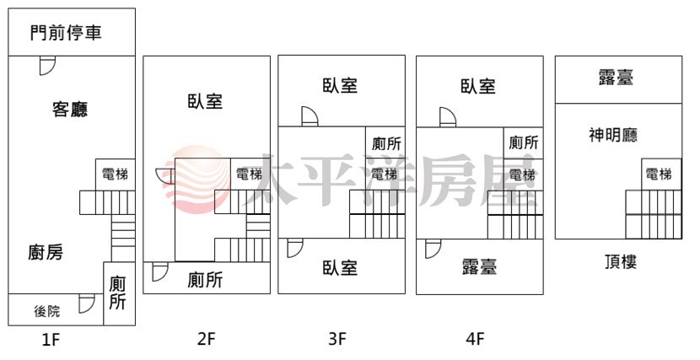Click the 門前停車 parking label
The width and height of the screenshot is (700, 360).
pyautogui.click(x=66, y=33)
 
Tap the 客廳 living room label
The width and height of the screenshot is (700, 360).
pyautogui.click(x=70, y=109)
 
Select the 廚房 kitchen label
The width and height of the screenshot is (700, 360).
pyautogui.click(x=46, y=252)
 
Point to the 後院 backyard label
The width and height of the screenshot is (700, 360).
pyautogui.click(x=47, y=310)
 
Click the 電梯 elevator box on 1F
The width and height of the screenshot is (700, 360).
pyautogui.click(x=116, y=175)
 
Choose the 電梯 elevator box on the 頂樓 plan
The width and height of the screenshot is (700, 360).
pyautogui.click(x=661, y=175)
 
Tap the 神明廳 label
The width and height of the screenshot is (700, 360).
pyautogui.click(x=613, y=134)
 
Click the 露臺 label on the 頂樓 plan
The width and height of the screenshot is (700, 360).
pyautogui.click(x=616, y=78)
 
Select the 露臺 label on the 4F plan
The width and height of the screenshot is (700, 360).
pyautogui.click(x=479, y=266)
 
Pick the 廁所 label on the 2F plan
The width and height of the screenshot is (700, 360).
pyautogui.click(x=205, y=280)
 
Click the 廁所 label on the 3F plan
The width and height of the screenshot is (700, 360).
pyautogui.click(x=386, y=143)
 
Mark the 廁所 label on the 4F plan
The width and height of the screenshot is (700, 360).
pyautogui.click(x=523, y=142)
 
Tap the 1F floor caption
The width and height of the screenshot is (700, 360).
pyautogui.click(x=51, y=340)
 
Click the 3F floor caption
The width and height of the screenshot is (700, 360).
pyautogui.click(x=337, y=339)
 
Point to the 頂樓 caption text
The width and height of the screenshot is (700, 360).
pyautogui.click(x=620, y=262)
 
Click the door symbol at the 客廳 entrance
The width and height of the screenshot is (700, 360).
pyautogui.click(x=47, y=66)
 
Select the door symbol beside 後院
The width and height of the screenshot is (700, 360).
pyautogui.click(x=87, y=304)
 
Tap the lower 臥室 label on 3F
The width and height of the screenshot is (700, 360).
pyautogui.click(x=340, y=267)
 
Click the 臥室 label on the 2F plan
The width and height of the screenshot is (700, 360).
pyautogui.click(x=205, y=101)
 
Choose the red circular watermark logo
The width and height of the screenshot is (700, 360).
pyautogui.click(x=197, y=179)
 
